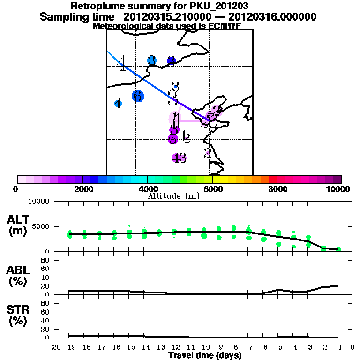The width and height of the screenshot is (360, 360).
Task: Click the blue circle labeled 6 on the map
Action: click(x=138, y=96)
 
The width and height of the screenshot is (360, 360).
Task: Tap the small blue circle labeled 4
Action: click(x=118, y=104)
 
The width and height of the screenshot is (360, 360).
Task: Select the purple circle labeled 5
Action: click(x=173, y=139)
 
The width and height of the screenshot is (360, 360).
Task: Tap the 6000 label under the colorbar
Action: click(x=212, y=189)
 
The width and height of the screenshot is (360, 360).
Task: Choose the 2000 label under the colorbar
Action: click(x=82, y=189)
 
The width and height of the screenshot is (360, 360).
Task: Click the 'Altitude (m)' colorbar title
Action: click(x=173, y=196)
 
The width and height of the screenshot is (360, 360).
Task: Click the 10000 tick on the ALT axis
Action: click(x=39, y=202)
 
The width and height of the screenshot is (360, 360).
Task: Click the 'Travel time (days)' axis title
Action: click(x=205, y=355)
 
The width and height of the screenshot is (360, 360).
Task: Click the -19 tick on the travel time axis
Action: click(x=70, y=347)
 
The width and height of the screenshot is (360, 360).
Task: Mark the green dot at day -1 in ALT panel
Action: click(x=338, y=249)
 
